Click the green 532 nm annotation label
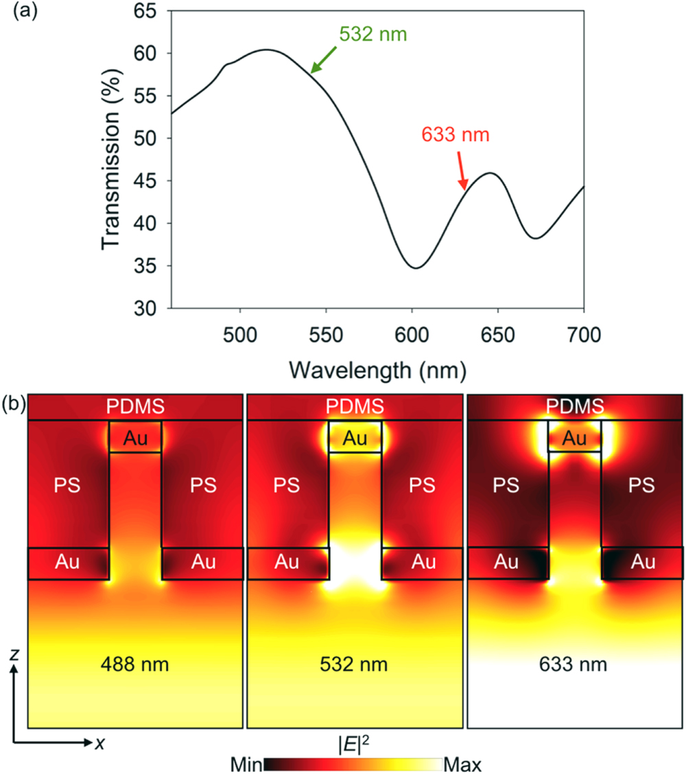click(372, 34)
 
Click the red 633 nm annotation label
click(455, 134)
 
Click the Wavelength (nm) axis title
click(378, 371)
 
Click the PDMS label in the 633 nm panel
click(575, 407)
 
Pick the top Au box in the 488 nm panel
click(135, 436)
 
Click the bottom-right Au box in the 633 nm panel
click(642, 563)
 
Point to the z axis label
click(14, 655)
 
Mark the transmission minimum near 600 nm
click(415, 268)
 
